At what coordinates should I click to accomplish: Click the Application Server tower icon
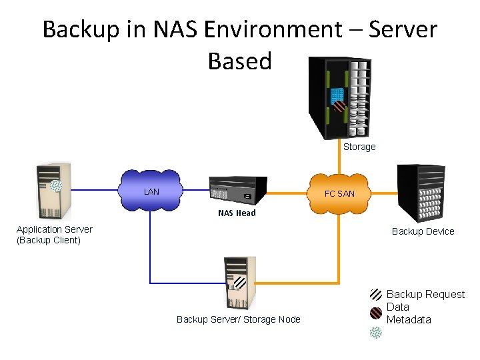[x=53, y=191]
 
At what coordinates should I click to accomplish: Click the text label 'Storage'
[x=359, y=147]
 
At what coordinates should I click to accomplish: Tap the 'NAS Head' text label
[x=237, y=213]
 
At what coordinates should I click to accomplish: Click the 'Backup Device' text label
[x=423, y=231]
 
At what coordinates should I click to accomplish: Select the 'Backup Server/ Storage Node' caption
[x=238, y=319]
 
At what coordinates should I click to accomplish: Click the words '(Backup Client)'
[x=48, y=240]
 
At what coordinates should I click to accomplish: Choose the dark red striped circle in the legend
[x=376, y=313]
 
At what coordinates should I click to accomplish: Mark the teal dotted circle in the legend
[x=376, y=332]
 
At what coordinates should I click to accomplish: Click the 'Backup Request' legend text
[x=425, y=295]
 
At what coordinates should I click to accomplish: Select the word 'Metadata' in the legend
[x=409, y=319]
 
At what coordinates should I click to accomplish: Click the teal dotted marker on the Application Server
[x=57, y=186]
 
